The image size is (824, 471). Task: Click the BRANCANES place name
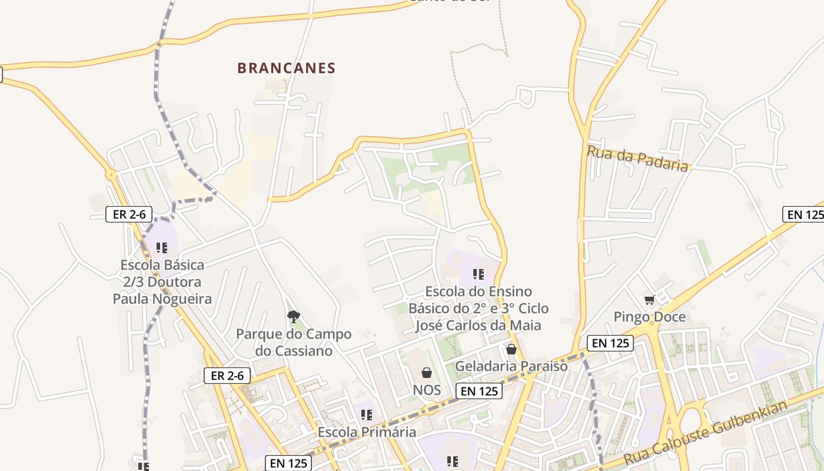tap(286, 68)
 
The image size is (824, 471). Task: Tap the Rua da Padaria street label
tap(637, 158)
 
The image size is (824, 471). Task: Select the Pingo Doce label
tap(650, 317)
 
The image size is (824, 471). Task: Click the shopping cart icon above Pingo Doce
tap(650, 300)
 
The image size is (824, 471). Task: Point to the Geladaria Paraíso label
tap(511, 366)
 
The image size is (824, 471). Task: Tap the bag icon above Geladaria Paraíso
tap(511, 349)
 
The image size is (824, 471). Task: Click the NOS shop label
tap(427, 390)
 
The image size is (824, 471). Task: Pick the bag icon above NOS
tap(427, 373)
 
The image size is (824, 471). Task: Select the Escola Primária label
tap(367, 432)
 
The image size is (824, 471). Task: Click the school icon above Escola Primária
tap(367, 415)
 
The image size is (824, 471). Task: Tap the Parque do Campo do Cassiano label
tap(294, 343)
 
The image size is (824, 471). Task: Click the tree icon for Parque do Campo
tap(294, 317)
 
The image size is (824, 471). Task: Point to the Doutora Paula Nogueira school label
tap(162, 282)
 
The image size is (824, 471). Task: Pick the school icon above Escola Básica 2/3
tap(162, 248)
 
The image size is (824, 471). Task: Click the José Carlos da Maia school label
tap(478, 309)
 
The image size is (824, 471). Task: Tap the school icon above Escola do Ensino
tap(479, 274)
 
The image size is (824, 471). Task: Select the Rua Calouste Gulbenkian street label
tap(706, 433)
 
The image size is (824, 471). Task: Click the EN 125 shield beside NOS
tap(479, 390)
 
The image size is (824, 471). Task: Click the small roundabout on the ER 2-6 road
tap(111, 174)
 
